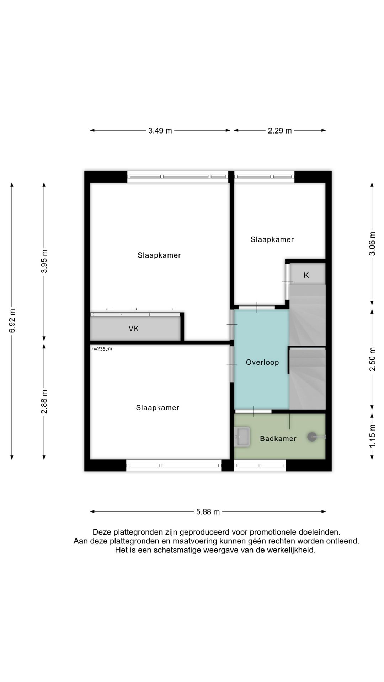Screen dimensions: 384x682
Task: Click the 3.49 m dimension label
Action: tap(160, 131)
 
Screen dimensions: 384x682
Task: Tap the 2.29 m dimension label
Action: tap(280, 131)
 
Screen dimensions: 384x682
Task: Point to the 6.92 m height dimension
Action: tap(12, 321)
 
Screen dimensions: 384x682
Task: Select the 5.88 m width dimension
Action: tap(208, 512)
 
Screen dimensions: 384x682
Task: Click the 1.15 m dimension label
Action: tap(372, 436)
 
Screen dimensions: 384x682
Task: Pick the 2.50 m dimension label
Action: tap(372, 359)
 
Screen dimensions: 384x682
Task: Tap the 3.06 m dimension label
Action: tap(372, 244)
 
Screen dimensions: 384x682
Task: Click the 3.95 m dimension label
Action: tap(44, 261)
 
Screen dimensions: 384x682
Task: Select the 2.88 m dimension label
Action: tap(44, 402)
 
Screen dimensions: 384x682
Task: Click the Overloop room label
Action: tap(262, 362)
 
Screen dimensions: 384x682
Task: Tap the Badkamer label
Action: tap(278, 439)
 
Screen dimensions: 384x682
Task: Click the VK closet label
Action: tap(134, 329)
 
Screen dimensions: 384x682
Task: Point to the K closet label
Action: tap(306, 275)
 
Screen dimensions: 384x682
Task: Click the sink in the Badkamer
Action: tap(242, 437)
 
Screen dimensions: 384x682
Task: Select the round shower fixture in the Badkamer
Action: tap(312, 437)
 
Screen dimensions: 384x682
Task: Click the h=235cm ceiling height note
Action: tap(102, 349)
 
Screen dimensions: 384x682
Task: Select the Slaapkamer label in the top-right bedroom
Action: tap(272, 239)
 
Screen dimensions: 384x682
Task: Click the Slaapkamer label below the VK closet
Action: tap(158, 407)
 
